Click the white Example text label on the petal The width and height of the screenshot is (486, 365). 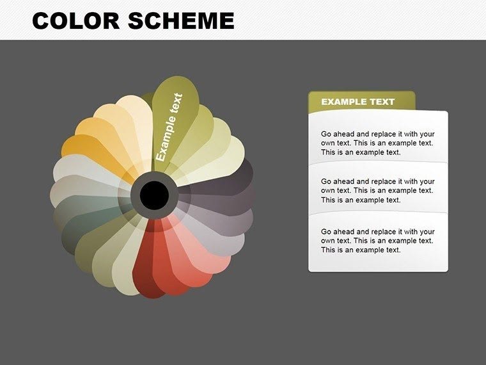click(169, 127)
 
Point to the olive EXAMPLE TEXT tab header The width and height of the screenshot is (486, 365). click(361, 102)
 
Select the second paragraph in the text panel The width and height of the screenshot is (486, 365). click(377, 191)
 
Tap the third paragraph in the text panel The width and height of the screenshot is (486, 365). click(377, 241)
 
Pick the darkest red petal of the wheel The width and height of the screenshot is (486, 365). click(146, 263)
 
